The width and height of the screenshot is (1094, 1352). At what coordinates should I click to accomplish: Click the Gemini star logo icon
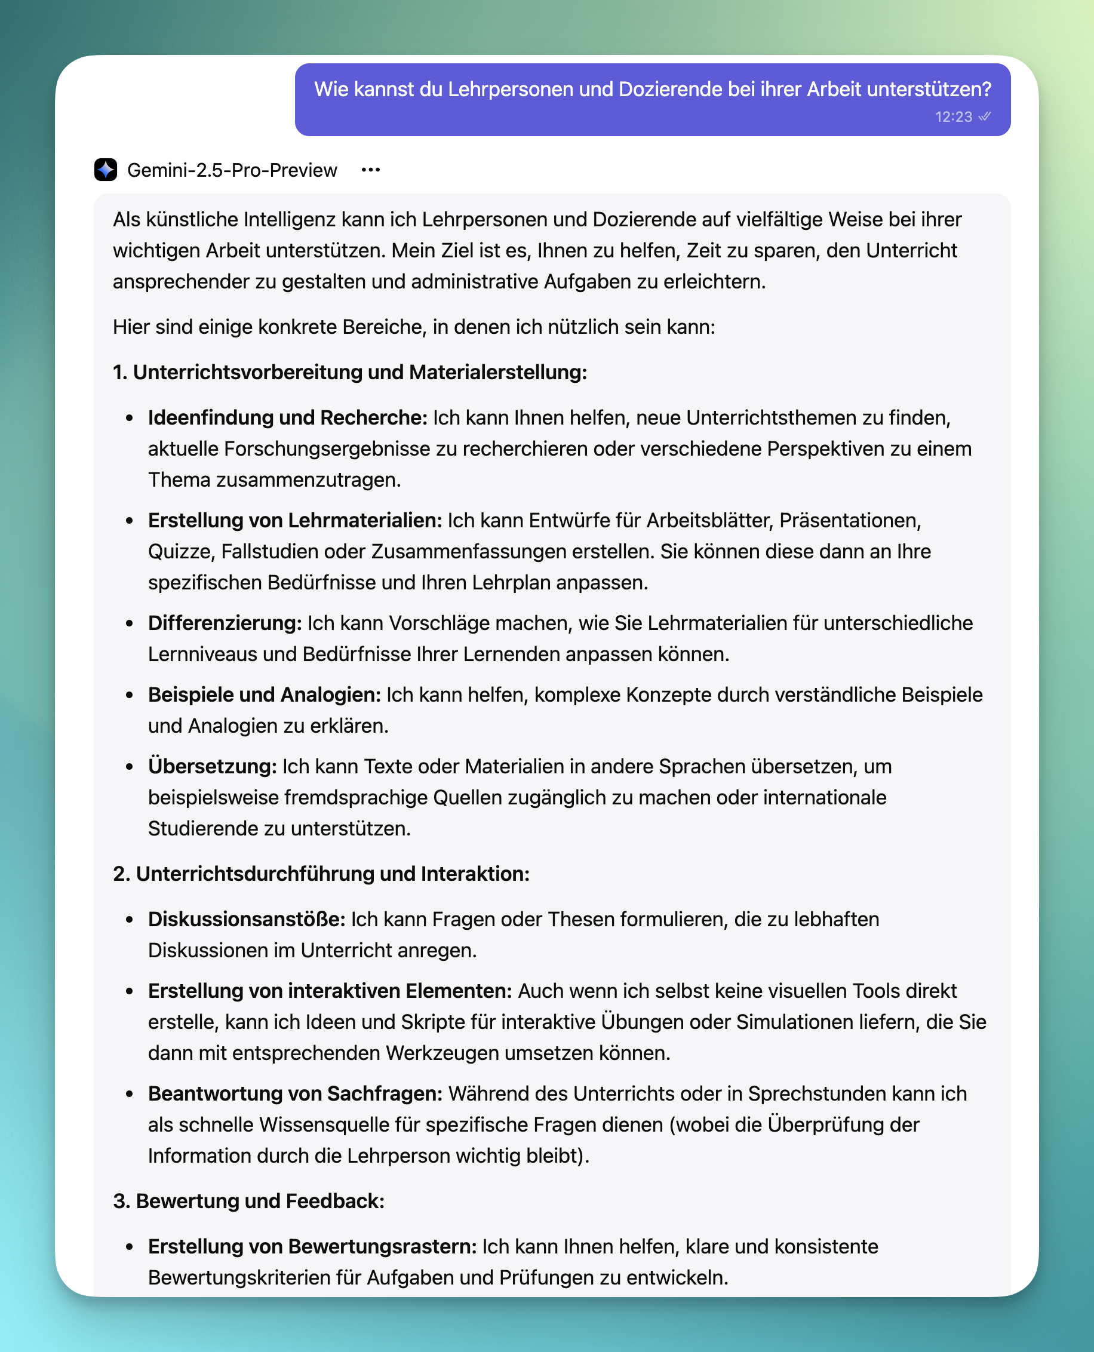coord(105,170)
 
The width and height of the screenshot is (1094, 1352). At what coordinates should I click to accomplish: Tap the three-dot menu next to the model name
coord(371,170)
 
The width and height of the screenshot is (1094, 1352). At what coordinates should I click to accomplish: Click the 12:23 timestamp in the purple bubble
coord(953,117)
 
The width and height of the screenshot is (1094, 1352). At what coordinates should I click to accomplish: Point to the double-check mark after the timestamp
coord(984,116)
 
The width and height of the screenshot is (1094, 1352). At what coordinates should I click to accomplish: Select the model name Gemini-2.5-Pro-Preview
coord(232,170)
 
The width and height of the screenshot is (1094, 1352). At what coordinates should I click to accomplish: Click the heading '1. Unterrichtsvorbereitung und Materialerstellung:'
coord(350,372)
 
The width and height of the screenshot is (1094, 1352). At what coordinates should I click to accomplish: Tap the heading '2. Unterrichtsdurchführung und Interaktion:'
coord(321,874)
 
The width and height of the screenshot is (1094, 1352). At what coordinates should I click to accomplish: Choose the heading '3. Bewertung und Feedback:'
coord(249,1201)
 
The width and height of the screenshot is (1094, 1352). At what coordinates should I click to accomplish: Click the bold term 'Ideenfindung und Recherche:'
coord(288,417)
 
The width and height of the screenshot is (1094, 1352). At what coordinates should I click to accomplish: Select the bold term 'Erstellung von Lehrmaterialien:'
coord(295,520)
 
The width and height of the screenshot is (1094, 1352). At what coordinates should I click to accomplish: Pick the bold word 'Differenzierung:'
coord(225,623)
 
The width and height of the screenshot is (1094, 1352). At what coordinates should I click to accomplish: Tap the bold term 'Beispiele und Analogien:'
coord(265,695)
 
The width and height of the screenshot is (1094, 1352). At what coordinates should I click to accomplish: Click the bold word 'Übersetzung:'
coord(213,766)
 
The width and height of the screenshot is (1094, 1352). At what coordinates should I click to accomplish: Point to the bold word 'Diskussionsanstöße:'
coord(247,919)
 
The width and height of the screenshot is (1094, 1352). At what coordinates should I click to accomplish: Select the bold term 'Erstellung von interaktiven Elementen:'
coord(330,991)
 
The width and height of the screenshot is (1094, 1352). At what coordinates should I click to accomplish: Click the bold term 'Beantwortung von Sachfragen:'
coord(296,1093)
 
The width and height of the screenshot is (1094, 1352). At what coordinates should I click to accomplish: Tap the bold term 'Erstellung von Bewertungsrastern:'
coord(312,1246)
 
